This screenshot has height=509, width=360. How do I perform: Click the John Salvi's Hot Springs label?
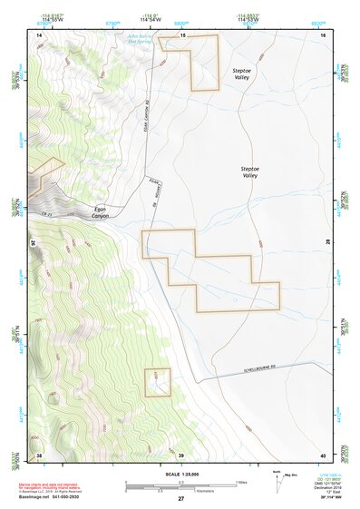click(x=150, y=39)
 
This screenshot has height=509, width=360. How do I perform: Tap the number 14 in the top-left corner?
click(x=39, y=34)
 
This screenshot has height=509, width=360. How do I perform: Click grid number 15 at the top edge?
click(x=181, y=34)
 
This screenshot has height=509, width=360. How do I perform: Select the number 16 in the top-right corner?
click(x=324, y=34)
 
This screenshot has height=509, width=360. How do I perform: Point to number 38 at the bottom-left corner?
click(x=39, y=454)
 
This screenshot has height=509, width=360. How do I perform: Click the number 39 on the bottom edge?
click(x=180, y=454)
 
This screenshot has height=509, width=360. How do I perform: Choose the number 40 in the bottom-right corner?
click(x=323, y=454)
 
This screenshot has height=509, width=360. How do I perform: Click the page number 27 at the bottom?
click(x=180, y=499)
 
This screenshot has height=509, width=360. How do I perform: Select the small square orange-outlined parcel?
click(x=158, y=382)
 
